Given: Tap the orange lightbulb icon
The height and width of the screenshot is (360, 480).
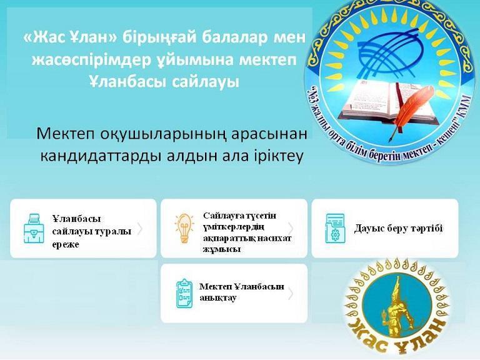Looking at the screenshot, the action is pos(184,228).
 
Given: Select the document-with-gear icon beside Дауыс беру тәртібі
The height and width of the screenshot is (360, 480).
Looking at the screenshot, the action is pos(335,228).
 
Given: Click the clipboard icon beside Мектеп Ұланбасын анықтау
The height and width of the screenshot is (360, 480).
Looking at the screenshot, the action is pos(184,293).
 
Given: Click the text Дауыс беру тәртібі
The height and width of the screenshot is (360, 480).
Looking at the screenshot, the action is pos(398,228).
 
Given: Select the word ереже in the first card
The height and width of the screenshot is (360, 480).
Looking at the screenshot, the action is pos(66,245).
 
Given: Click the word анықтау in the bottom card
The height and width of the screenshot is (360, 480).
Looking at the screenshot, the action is pos(217,298).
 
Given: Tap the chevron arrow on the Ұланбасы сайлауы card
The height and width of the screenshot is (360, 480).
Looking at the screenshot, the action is pos(140,229).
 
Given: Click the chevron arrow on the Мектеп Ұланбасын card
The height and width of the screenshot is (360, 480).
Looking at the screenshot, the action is pos(291,294).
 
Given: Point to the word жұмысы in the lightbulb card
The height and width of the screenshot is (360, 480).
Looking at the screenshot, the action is pos(221,249).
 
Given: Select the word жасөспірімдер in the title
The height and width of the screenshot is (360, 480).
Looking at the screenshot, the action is pos(91,60).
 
